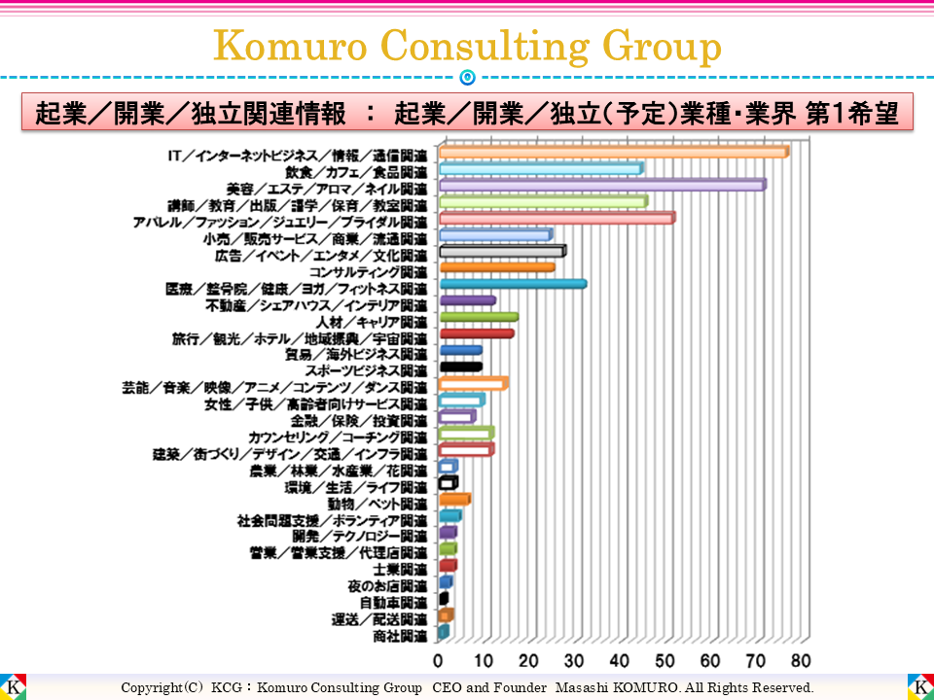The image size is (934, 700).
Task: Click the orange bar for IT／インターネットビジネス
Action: tap(613, 152)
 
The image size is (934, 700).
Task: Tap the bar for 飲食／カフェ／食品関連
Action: tap(540, 169)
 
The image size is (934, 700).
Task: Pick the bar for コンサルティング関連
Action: tap(496, 267)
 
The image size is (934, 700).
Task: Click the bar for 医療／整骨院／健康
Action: tap(512, 284)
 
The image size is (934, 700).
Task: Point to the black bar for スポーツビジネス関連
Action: tap(460, 367)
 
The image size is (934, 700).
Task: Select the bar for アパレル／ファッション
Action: tap(556, 219)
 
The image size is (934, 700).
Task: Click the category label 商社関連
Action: tap(399, 636)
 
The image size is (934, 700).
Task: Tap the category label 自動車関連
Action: tap(393, 603)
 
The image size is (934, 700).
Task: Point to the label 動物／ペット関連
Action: tap(377, 504)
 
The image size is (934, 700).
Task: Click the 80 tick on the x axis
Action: tap(801, 661)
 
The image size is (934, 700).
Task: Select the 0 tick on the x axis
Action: tap(439, 661)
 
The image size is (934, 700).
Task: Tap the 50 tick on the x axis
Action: tap(665, 661)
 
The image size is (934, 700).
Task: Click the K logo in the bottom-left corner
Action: tap(13, 686)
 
